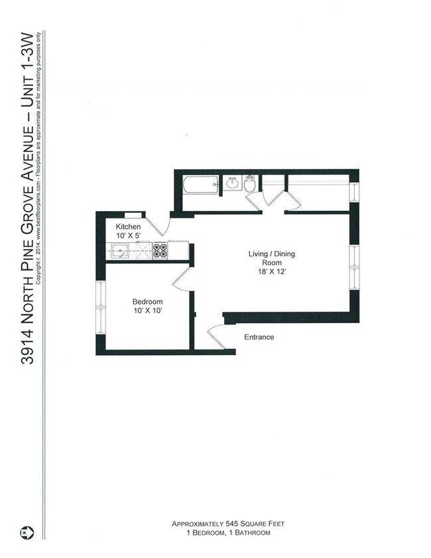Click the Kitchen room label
(128, 227)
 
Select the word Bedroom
(147, 301)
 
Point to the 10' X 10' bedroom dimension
(147, 311)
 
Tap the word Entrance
(259, 337)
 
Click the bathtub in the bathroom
(200, 184)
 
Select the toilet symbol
(250, 184)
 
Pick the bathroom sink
(233, 183)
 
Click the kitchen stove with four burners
(160, 250)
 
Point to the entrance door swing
(216, 336)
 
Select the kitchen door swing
(157, 226)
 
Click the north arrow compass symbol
(27, 533)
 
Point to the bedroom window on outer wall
(100, 308)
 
